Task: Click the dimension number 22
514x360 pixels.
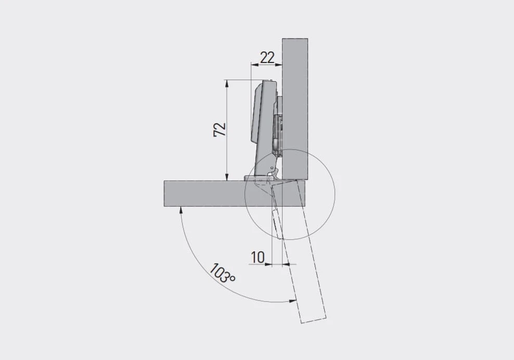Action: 267,58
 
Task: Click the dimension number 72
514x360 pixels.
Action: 220,130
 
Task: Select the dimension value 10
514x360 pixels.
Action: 258,257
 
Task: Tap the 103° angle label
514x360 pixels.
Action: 222,273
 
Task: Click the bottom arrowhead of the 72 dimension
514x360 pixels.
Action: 226,177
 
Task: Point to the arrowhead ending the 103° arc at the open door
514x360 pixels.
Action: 293,300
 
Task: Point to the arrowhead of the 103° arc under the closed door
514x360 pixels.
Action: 180,210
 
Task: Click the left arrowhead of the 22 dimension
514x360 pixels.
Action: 254,65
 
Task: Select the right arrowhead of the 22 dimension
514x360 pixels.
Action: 279,65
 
